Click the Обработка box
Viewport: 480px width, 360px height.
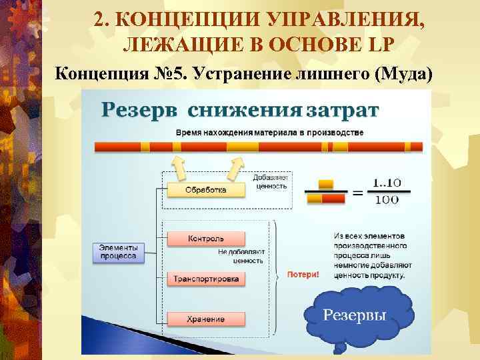click(205, 190)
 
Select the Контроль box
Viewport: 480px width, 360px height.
click(205, 239)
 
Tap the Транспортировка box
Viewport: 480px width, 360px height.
click(205, 279)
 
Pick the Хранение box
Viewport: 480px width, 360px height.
click(205, 319)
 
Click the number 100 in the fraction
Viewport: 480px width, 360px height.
click(387, 199)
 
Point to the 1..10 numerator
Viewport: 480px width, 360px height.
click(387, 182)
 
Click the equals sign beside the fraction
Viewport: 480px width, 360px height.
click(358, 193)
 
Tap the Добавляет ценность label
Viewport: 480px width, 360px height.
click(270, 181)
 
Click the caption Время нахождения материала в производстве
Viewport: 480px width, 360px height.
click(269, 132)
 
